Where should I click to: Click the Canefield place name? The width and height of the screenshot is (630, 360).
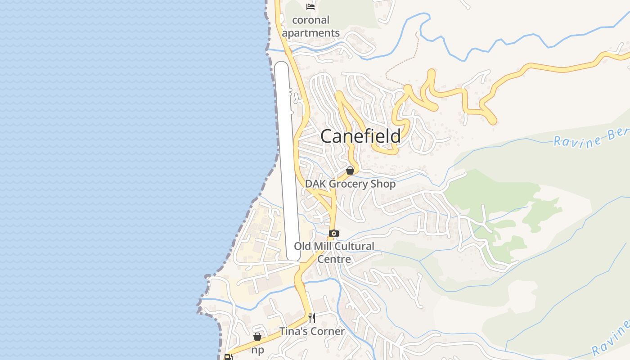(360, 136)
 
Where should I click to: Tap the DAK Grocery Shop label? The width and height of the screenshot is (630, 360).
(350, 184)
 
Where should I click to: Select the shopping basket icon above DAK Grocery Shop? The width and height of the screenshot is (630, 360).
(350, 171)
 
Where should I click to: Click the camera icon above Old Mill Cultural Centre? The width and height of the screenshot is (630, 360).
(333, 233)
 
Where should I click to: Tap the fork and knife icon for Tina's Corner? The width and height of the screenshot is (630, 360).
(312, 318)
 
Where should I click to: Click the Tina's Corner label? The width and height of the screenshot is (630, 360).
(312, 331)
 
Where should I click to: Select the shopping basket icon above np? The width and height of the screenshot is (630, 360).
(257, 337)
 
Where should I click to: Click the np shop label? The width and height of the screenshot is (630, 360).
(257, 350)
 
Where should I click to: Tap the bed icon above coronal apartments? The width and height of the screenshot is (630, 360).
(310, 6)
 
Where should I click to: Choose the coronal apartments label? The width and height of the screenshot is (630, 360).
(310, 27)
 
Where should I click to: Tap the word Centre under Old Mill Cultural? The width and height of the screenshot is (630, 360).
(334, 259)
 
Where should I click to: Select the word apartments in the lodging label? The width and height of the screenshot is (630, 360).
(310, 33)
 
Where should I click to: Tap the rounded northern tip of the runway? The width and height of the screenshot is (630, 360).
(281, 65)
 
